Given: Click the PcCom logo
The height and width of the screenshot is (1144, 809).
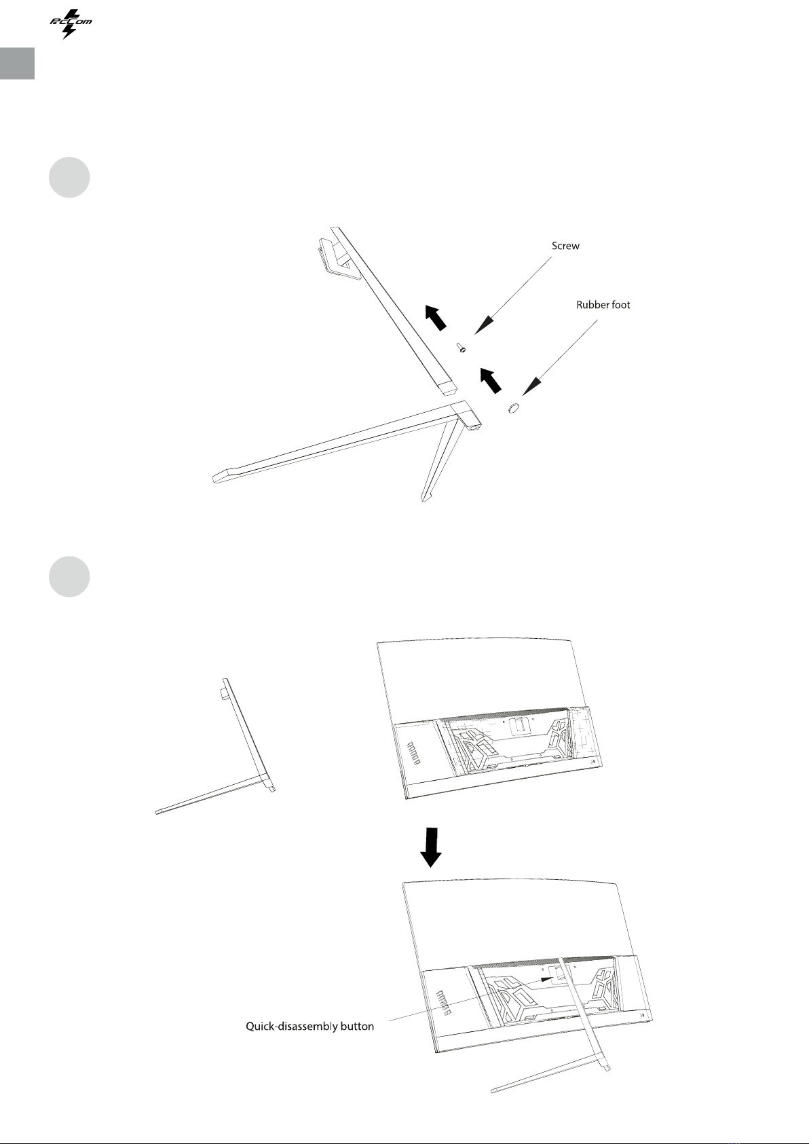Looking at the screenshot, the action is click(71, 24).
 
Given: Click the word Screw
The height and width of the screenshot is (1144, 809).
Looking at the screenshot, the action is click(565, 246).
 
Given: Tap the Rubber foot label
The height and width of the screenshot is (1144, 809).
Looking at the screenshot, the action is click(603, 305).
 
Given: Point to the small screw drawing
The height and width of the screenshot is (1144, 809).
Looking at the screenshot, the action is click(461, 348).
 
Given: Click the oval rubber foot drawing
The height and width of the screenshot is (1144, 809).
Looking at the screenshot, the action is click(513, 407).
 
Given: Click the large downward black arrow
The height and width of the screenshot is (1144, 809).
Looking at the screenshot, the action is click(431, 847).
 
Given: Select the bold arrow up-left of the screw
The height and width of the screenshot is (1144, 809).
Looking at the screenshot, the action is click(436, 317).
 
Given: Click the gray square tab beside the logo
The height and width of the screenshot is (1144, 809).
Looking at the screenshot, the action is click(18, 64).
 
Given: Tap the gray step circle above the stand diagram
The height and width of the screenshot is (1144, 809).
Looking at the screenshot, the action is click(69, 177).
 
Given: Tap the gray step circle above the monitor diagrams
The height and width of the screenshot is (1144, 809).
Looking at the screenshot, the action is click(69, 576).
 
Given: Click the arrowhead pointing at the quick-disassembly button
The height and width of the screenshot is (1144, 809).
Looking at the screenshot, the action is click(548, 979).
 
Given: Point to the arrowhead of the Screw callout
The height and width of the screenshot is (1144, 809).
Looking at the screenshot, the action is click(485, 325).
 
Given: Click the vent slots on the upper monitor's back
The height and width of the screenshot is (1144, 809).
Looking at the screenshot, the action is click(413, 754).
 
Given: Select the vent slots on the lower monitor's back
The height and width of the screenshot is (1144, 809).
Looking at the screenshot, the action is click(443, 1003).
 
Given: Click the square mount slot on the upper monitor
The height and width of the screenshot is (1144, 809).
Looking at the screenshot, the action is click(519, 725).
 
